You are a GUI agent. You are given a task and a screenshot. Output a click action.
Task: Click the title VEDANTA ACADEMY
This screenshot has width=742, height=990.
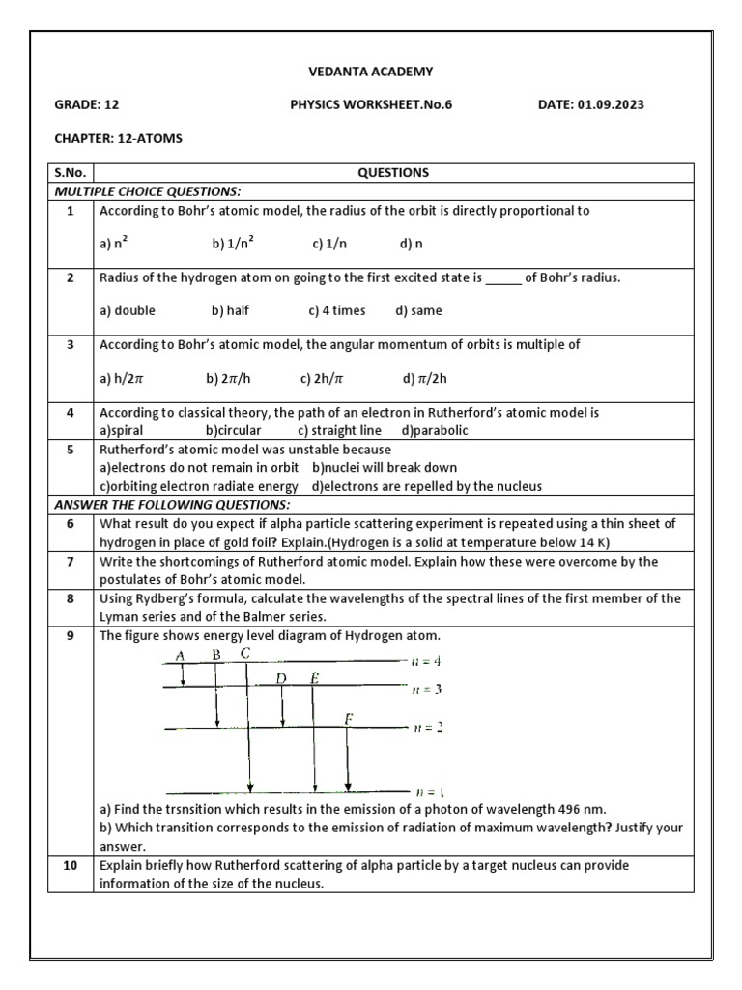point(371,72)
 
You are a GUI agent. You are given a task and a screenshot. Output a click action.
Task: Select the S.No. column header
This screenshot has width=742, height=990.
point(70,173)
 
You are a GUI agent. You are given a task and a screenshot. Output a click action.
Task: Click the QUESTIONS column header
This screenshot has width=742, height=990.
point(393,173)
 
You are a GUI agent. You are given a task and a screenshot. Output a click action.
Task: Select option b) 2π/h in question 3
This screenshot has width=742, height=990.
point(229,379)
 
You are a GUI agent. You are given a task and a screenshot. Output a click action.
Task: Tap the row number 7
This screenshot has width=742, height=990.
point(70,562)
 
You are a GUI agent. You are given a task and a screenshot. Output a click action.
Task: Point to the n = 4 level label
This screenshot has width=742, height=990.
point(426,661)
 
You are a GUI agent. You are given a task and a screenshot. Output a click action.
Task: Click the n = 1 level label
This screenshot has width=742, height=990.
point(426,791)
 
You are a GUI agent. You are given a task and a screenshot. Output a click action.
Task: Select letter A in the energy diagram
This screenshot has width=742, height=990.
point(181,656)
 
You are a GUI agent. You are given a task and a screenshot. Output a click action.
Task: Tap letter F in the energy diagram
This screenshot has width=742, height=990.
point(348,718)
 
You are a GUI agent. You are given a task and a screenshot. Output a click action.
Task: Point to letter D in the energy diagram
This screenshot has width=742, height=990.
point(281,678)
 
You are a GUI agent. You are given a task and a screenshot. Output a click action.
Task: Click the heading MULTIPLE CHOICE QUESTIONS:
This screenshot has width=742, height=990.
point(147,191)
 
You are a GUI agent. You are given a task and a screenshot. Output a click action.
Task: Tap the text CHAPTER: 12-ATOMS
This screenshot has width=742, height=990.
point(118,138)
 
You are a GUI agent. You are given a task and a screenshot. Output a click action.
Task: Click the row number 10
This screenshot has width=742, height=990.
point(70,866)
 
